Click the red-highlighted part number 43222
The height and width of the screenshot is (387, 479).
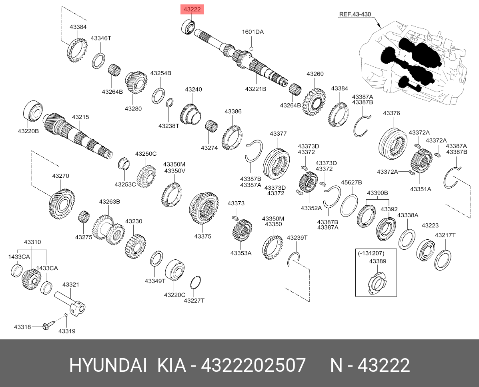coord(192,9)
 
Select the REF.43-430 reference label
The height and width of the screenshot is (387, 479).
coord(355,14)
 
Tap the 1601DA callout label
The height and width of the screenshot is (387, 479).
coord(253,32)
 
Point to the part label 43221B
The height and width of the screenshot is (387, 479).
coord(256,89)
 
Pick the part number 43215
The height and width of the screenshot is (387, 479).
coord(80,117)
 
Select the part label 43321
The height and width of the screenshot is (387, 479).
coord(70,285)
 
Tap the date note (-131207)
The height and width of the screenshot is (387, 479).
coord(371,253)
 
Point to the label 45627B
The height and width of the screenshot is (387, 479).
coord(351,182)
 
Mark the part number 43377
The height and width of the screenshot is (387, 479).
coord(278,134)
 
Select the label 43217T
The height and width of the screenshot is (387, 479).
coord(445,235)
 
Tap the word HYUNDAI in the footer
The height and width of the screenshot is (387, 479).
coord(108,365)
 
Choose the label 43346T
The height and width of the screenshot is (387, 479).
coord(101,38)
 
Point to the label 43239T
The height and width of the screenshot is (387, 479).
coord(297,237)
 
